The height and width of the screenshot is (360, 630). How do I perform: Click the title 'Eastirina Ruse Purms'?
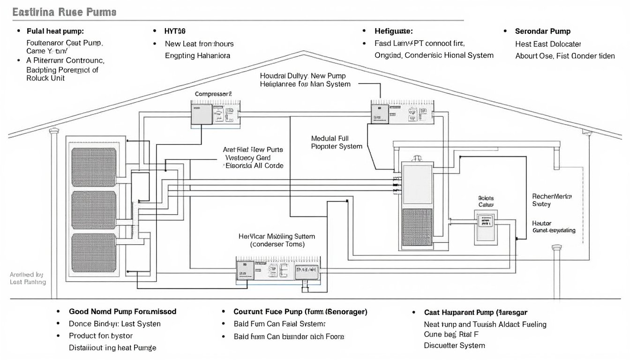[64, 13]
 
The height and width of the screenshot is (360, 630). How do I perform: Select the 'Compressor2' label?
[213, 94]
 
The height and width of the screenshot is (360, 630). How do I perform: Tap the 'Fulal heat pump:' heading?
[55, 31]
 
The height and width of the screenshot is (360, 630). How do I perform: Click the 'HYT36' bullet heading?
[175, 31]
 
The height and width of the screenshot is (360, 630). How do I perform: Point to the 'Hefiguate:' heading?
[394, 31]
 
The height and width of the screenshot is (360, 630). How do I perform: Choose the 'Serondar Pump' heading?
[542, 31]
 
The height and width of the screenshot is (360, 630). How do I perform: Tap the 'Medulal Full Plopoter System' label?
[337, 142]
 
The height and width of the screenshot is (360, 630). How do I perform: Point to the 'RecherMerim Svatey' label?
[552, 200]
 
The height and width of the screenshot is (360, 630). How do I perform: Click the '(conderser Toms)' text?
[277, 244]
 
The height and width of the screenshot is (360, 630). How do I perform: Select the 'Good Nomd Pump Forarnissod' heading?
[122, 311]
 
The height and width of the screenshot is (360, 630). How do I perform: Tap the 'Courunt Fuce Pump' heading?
[300, 311]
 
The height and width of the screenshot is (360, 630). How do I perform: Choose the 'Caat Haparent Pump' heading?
[475, 312]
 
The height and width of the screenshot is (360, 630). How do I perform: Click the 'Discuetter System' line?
[454, 345]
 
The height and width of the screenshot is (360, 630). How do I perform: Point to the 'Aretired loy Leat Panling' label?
[28, 278]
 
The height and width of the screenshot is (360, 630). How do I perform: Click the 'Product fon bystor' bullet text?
[100, 336]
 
